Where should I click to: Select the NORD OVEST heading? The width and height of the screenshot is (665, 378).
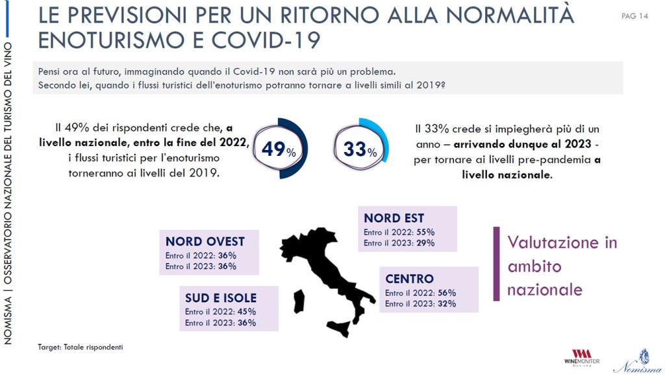click(205, 242)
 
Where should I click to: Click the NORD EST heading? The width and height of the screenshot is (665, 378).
click(394, 218)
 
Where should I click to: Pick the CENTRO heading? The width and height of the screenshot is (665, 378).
click(409, 279)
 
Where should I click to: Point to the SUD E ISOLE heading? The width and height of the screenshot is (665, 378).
click(221, 298)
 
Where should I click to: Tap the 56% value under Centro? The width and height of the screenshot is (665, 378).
click(447, 293)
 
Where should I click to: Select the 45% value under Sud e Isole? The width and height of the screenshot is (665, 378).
click(247, 312)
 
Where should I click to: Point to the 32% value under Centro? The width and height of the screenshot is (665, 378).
click(447, 304)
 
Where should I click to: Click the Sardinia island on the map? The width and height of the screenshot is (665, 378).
click(299, 300)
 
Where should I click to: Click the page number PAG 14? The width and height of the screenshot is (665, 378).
click(634, 16)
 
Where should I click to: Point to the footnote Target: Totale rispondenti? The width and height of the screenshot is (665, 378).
click(81, 347)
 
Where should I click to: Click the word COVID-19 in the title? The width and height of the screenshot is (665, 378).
click(266, 40)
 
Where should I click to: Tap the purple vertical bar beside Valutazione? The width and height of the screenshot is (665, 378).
click(496, 264)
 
